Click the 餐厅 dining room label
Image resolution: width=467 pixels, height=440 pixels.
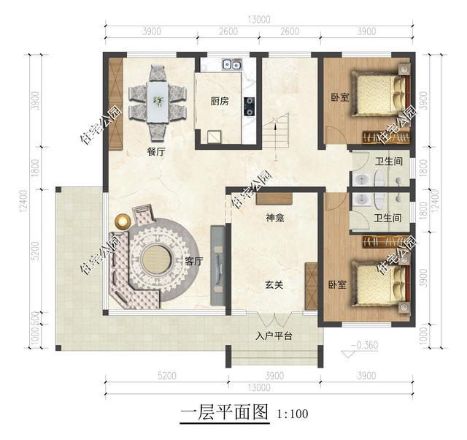(x=156, y=152)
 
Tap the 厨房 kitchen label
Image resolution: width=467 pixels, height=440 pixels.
(x=220, y=102)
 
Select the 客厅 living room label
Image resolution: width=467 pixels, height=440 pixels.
(x=193, y=261)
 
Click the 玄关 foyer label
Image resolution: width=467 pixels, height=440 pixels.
(x=274, y=284)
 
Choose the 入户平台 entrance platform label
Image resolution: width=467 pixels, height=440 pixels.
(x=274, y=336)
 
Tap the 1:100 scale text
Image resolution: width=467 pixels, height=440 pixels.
(x=293, y=414)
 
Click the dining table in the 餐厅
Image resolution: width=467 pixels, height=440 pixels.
(x=157, y=102)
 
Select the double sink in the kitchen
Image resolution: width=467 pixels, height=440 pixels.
(x=232, y=64)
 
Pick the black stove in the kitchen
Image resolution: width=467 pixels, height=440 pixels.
(x=250, y=106)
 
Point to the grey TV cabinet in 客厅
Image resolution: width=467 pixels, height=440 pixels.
(x=217, y=265)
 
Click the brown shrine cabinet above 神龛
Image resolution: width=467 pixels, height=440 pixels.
(x=274, y=197)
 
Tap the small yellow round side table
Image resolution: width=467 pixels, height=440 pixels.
(x=122, y=221)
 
